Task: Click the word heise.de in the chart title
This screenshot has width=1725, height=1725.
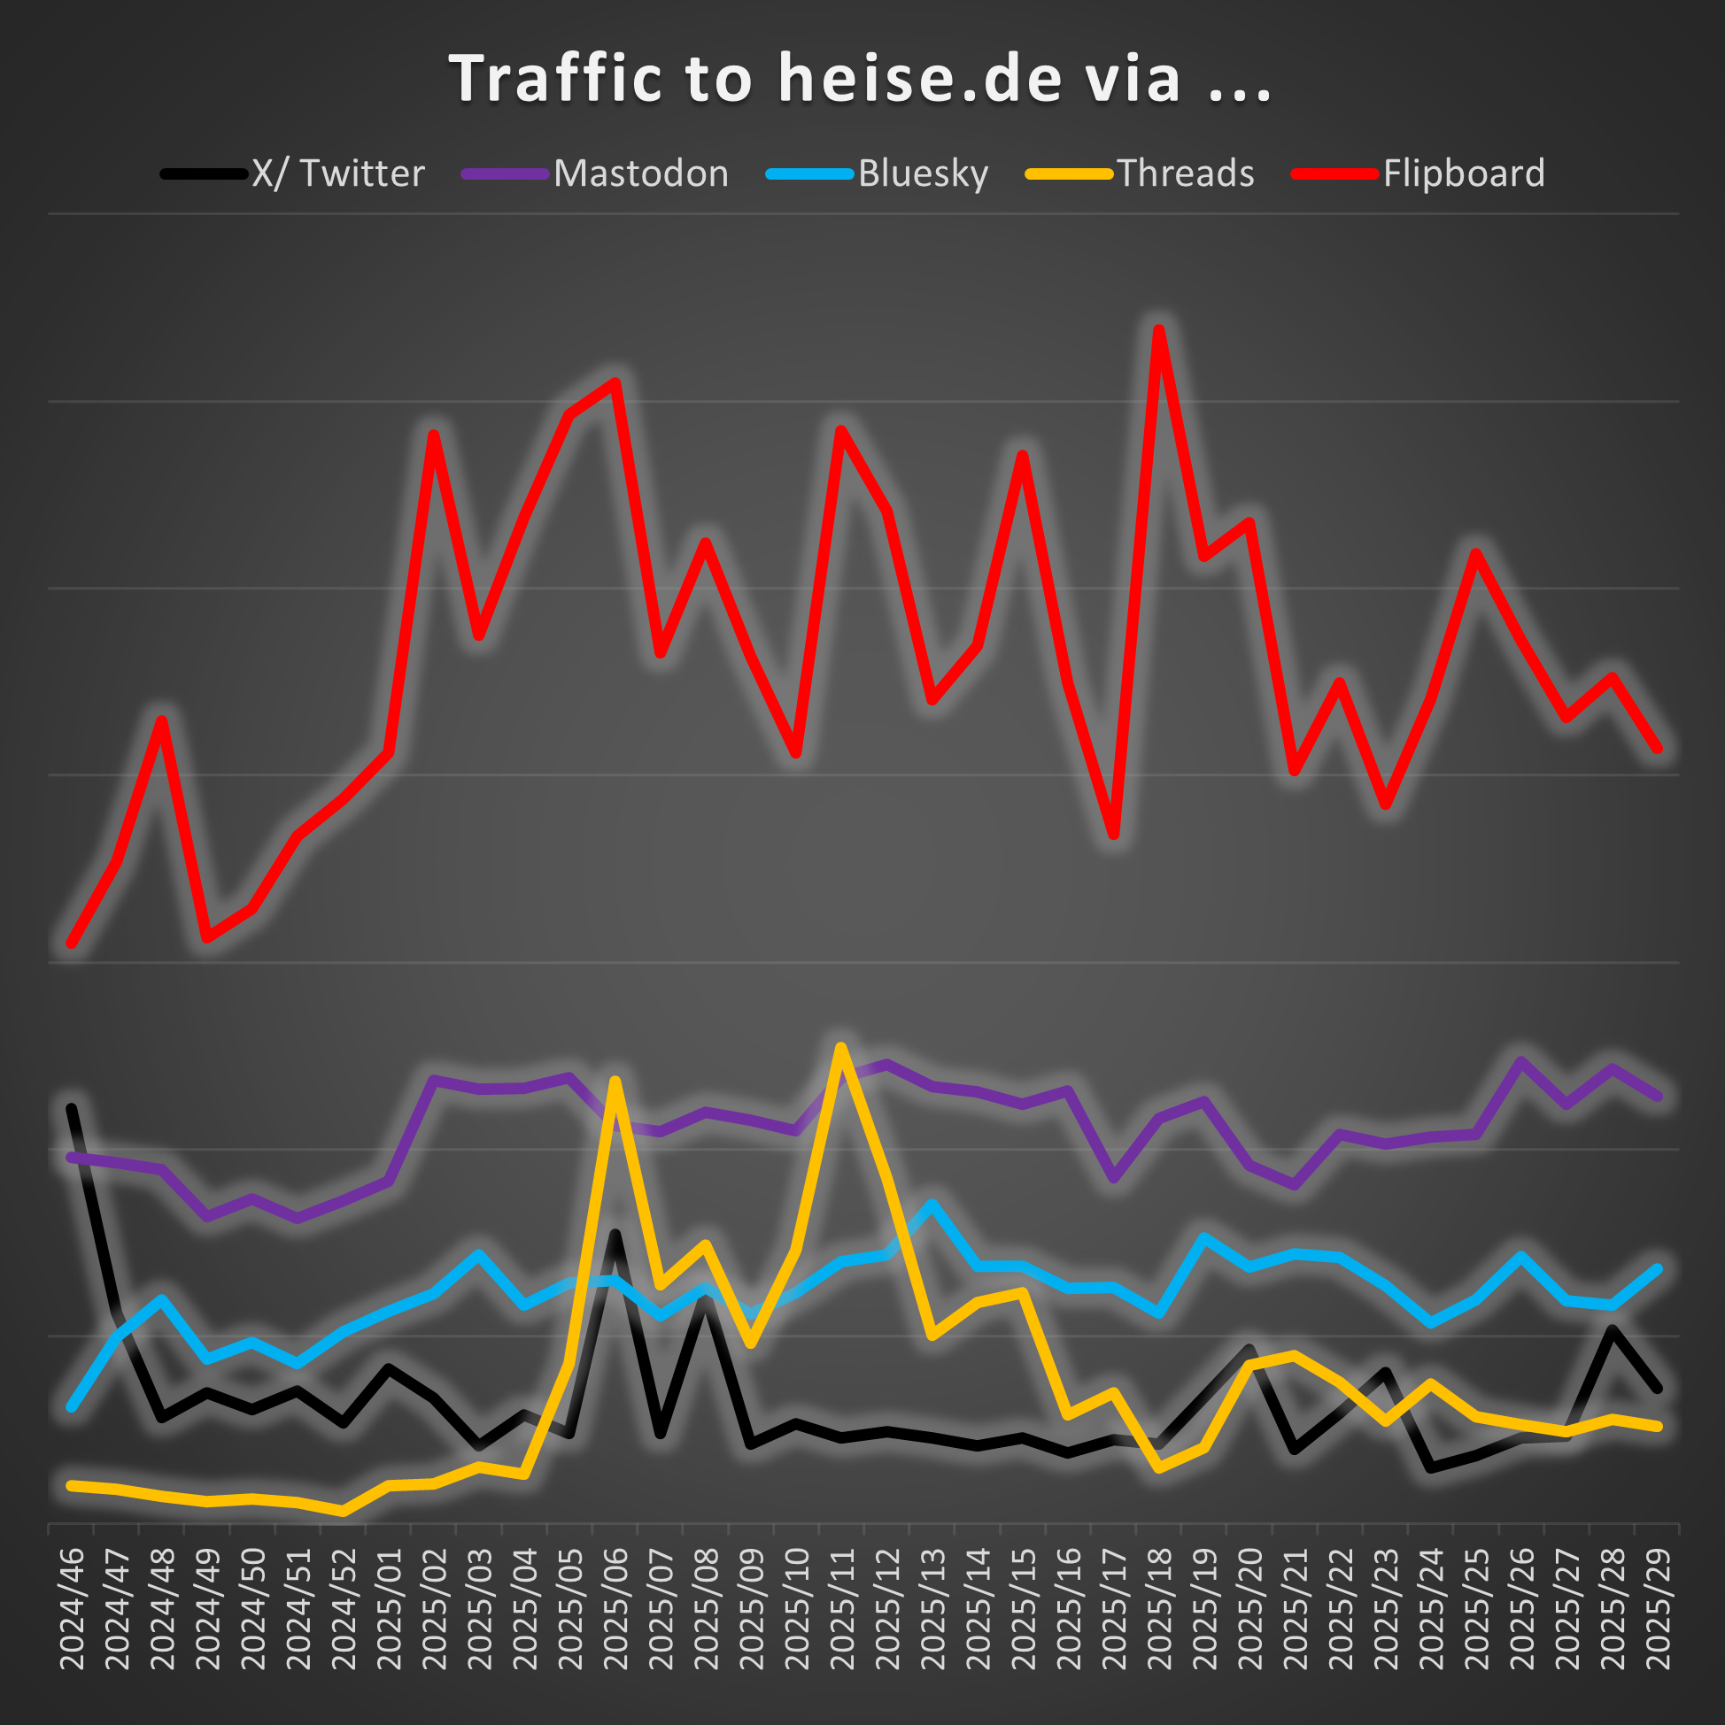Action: pyautogui.click(x=920, y=79)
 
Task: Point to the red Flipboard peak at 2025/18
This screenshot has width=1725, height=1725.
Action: pyautogui.click(x=1158, y=329)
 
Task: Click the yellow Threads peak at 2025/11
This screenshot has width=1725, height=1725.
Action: pyautogui.click(x=840, y=1046)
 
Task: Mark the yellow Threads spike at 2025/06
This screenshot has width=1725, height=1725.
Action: pyautogui.click(x=615, y=1082)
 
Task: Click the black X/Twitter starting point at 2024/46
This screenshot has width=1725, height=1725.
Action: pyautogui.click(x=72, y=1108)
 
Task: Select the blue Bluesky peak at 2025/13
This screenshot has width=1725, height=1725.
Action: pyautogui.click(x=932, y=1204)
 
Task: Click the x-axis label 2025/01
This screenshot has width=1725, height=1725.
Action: pyautogui.click(x=389, y=1608)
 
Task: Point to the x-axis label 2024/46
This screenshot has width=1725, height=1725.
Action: pyautogui.click(x=72, y=1608)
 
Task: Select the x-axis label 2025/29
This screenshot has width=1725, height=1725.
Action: pyautogui.click(x=1658, y=1608)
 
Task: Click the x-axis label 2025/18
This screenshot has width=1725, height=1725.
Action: pyautogui.click(x=1158, y=1608)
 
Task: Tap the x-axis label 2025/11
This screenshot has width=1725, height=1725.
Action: pyautogui.click(x=841, y=1608)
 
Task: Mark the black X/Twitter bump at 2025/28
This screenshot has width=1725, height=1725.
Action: pyautogui.click(x=1613, y=1329)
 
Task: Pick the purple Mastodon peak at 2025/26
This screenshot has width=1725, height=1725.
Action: pyautogui.click(x=1521, y=1060)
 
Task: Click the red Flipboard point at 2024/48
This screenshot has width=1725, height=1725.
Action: pyautogui.click(x=162, y=720)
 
